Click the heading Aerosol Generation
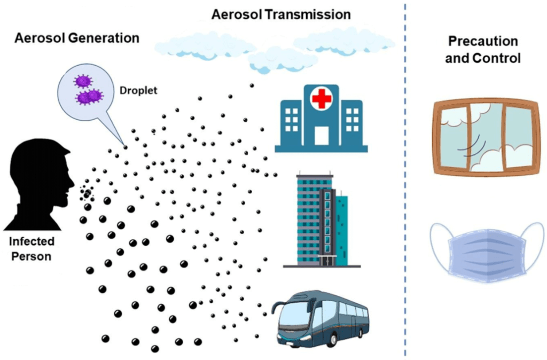77,38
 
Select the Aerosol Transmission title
282,14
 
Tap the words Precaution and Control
482,50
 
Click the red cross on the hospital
321,99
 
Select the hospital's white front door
321,136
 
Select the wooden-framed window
482,137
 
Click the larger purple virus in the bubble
89,97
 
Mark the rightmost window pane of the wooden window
518,137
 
